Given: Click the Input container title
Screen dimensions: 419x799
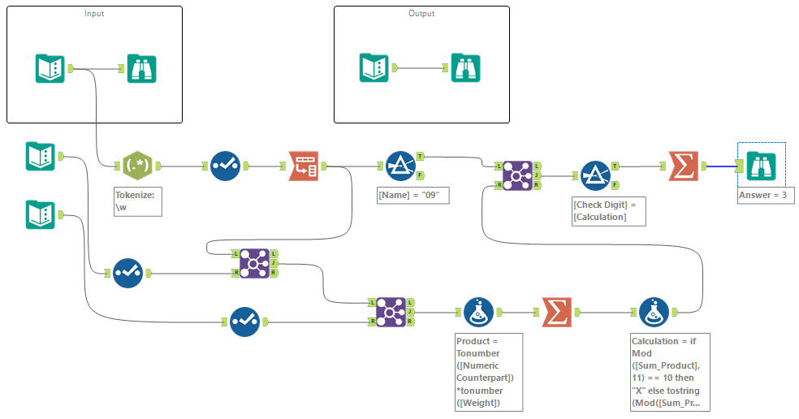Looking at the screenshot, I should [x=94, y=14].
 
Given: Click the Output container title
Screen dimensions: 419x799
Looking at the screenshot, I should [x=421, y=14].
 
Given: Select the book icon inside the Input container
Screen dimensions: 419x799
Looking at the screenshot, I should [x=50, y=68].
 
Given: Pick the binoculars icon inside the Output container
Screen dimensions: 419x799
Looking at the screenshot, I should [x=466, y=68].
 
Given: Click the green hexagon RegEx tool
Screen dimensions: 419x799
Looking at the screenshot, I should [x=137, y=166].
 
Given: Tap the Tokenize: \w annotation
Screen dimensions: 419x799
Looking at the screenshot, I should [x=138, y=201].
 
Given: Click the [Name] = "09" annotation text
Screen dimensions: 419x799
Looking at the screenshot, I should [x=413, y=197].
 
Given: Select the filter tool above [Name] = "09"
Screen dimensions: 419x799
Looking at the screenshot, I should [x=400, y=166].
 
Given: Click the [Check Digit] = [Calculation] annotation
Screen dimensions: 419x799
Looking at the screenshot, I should [x=604, y=210].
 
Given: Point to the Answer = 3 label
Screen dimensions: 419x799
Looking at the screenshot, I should [x=762, y=196].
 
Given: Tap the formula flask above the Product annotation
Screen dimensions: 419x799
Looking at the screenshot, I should [x=478, y=312].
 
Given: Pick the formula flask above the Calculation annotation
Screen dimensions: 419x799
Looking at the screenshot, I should [x=654, y=312].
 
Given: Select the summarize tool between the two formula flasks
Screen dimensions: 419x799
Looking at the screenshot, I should [x=556, y=312].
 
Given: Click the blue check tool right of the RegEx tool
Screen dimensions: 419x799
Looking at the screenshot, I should [x=225, y=166].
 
